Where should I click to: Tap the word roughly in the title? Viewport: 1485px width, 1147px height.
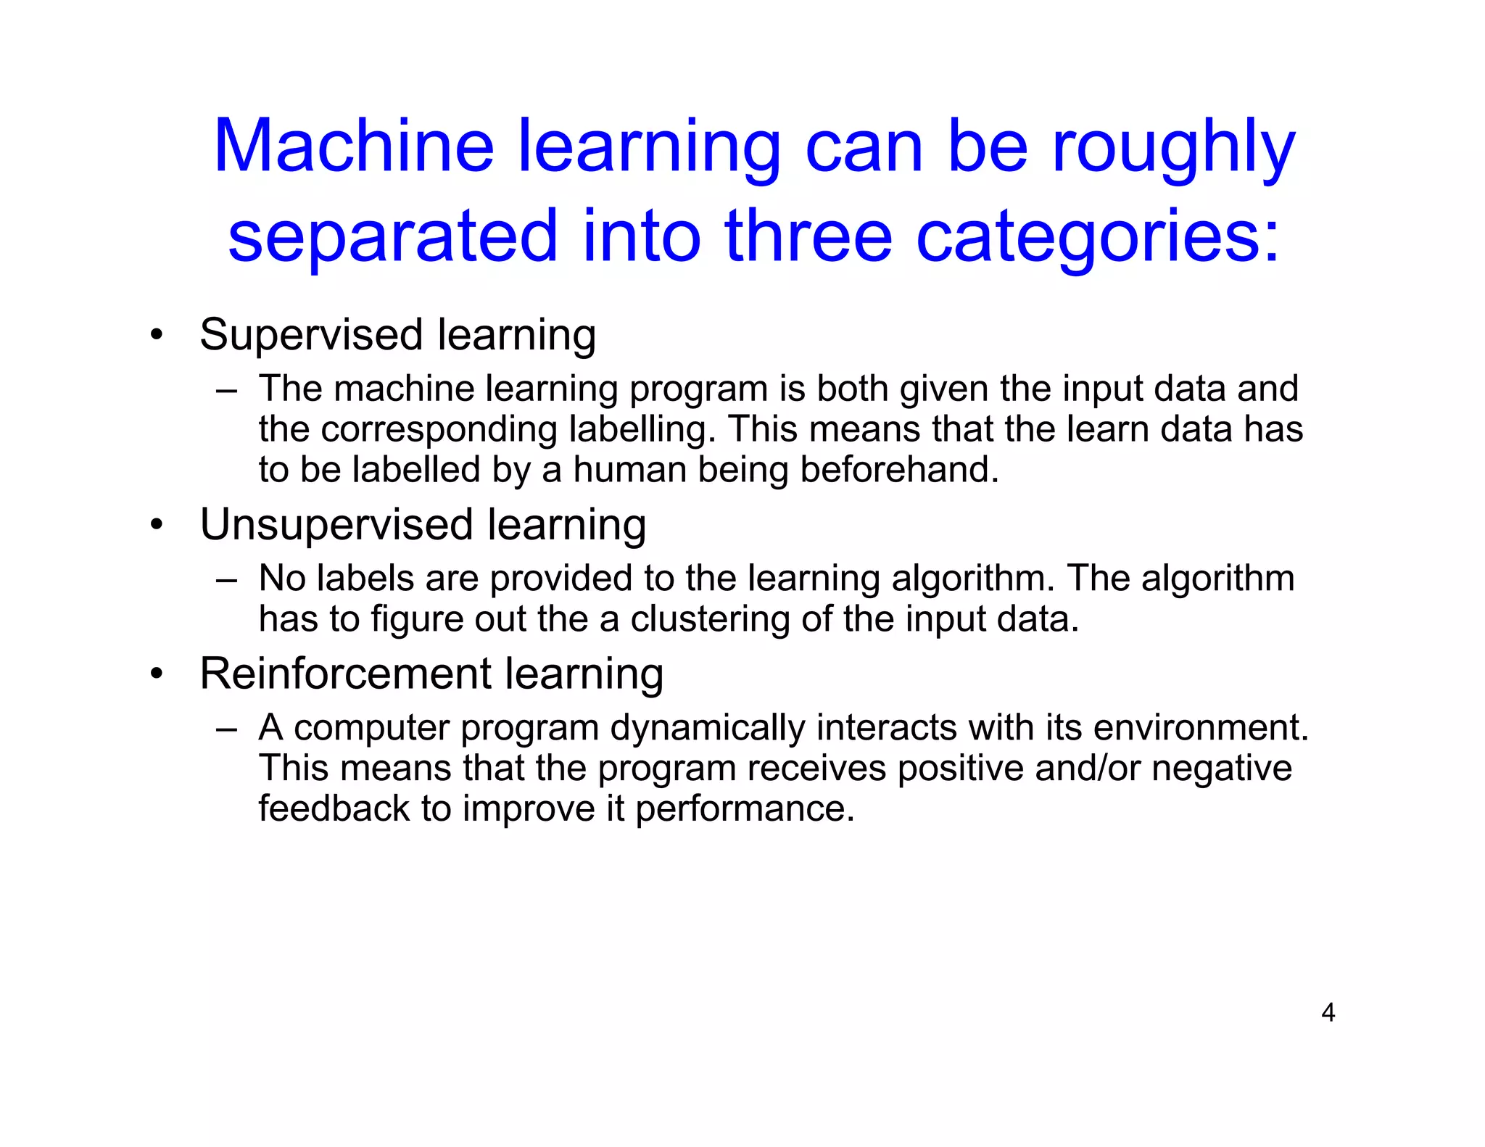click(1172, 149)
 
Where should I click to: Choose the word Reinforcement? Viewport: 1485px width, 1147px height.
click(344, 674)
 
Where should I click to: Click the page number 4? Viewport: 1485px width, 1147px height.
click(1328, 1012)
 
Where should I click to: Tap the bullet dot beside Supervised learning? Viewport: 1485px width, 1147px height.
click(157, 336)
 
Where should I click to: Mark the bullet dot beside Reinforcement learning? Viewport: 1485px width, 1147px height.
click(157, 674)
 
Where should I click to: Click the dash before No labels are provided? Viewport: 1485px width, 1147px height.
click(226, 580)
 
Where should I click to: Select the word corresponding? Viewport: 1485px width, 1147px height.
click(439, 430)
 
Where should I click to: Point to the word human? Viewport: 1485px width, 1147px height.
click(629, 470)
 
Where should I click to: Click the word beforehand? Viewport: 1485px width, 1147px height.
click(899, 470)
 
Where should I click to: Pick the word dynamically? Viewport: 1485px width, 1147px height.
click(707, 728)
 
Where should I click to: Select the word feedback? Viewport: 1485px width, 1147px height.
click(334, 808)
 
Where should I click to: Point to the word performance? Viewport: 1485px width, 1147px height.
click(745, 810)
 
